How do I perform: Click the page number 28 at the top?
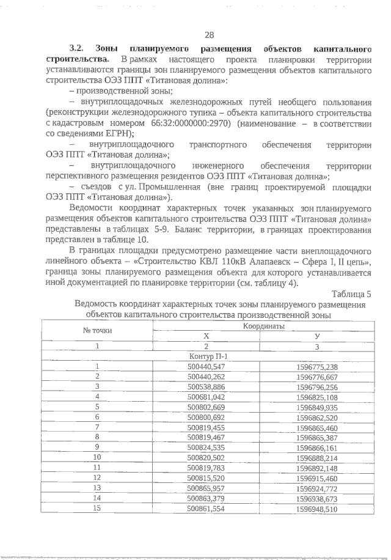click(x=209, y=35)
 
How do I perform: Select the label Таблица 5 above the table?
click(x=353, y=294)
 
